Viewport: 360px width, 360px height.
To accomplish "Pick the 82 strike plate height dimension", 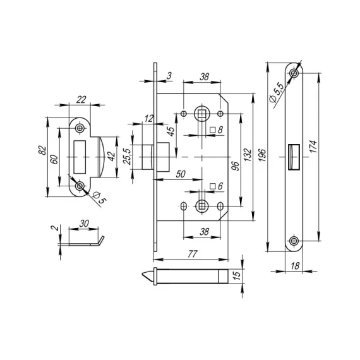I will (x=42, y=153).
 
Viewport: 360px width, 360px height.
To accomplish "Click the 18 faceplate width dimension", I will (x=294, y=268).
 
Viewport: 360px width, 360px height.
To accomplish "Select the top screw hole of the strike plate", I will (x=80, y=128).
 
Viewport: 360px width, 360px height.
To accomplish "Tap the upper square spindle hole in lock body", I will (x=201, y=114).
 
